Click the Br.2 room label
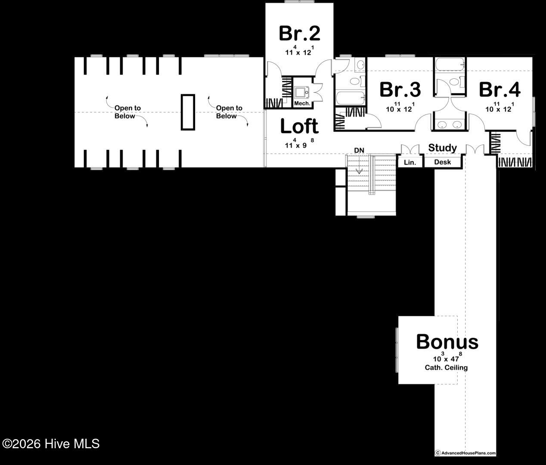(x=299, y=33)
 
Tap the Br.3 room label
(x=400, y=90)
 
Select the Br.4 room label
(x=499, y=90)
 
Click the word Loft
(x=299, y=127)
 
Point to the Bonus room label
(x=447, y=342)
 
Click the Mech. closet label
(x=302, y=104)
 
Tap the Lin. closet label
(x=410, y=162)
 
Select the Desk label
(x=443, y=162)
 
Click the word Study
(x=442, y=148)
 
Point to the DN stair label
(x=359, y=150)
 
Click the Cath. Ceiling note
(x=446, y=368)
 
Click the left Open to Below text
(x=127, y=112)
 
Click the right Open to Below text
(x=229, y=112)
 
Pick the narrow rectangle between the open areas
(x=188, y=112)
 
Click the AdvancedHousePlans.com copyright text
(x=465, y=453)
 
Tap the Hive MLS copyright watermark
(x=51, y=444)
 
